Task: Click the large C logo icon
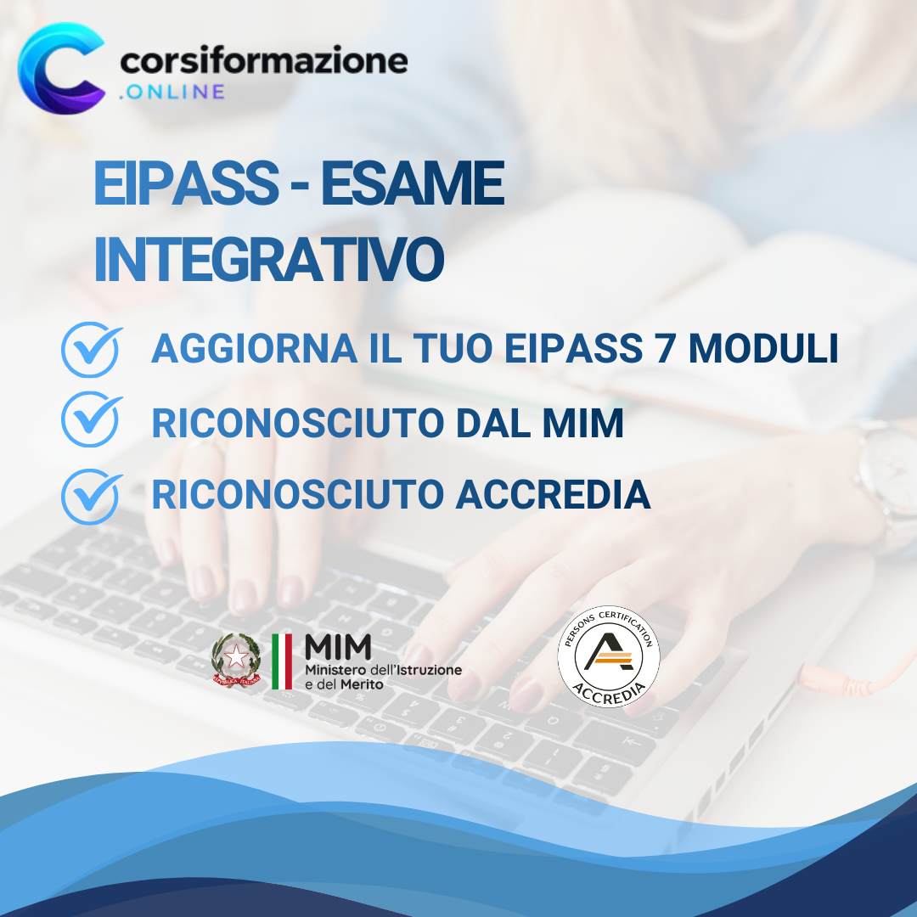tap(61, 68)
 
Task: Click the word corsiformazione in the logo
tap(264, 61)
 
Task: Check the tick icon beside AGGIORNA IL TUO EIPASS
tap(91, 351)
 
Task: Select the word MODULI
tap(763, 350)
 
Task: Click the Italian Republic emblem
tap(235, 661)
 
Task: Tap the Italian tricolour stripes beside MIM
tap(282, 661)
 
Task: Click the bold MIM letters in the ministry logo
tap(338, 648)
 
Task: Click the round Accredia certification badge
tap(608, 656)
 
